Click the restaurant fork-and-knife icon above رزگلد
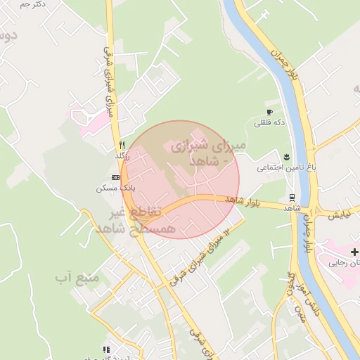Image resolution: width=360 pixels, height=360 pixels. click(122, 144)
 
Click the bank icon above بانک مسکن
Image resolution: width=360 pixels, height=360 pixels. click(115, 178)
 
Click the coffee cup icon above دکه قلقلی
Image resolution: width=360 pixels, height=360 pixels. click(269, 112)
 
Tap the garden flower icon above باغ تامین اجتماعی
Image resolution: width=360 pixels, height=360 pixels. click(286, 156)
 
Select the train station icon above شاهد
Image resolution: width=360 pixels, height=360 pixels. click(292, 198)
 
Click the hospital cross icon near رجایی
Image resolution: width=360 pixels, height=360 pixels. click(354, 252)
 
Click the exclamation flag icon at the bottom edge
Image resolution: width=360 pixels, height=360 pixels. click(106, 349)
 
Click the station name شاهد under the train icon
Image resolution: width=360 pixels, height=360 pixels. click(292, 208)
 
